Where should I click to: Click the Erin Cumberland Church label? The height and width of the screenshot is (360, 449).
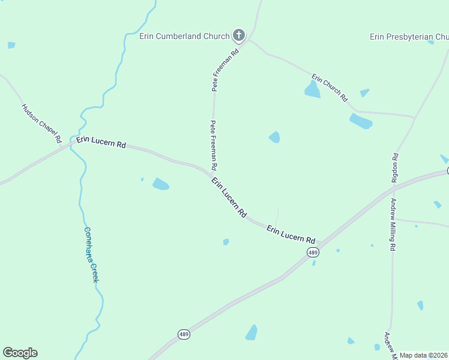(184, 36)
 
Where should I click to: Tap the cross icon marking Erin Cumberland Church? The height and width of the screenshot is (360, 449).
(239, 35)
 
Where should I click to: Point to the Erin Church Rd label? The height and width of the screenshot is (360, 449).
(330, 87)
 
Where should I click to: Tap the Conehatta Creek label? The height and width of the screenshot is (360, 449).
(91, 254)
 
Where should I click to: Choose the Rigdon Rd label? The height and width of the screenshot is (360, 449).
(395, 167)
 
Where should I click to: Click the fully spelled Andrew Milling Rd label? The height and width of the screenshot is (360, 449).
(393, 224)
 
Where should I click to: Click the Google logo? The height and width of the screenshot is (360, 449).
(20, 353)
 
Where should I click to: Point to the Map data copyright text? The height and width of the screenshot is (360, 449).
(424, 355)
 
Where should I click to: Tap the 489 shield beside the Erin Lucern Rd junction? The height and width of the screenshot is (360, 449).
(313, 253)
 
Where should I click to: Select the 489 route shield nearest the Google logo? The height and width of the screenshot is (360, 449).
(184, 334)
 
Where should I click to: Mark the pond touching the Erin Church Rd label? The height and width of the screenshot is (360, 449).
(312, 90)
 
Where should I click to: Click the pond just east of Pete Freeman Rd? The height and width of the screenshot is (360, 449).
(274, 137)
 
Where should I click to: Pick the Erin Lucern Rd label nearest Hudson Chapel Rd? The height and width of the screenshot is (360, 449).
(101, 144)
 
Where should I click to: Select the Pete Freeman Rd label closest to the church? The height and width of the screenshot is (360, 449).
(225, 70)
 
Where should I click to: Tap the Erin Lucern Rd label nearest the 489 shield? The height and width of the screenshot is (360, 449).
(291, 234)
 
